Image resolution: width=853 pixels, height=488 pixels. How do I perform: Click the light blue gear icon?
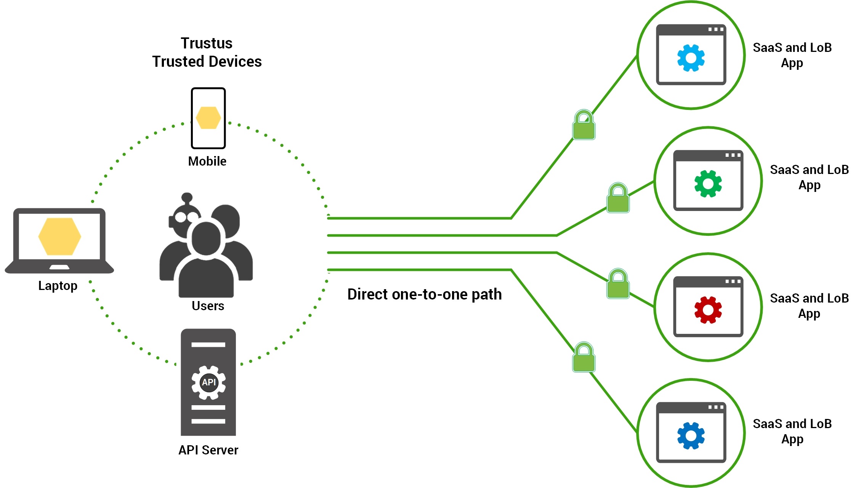[x=691, y=58]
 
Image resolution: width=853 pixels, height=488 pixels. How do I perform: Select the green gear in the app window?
[x=708, y=184]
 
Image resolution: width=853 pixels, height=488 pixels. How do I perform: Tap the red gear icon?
[x=708, y=310]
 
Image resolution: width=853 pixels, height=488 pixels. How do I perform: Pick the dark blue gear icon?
[x=691, y=436]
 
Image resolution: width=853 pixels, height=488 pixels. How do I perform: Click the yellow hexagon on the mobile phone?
[x=208, y=118]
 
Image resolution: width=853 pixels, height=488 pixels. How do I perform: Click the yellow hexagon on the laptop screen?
[x=59, y=236]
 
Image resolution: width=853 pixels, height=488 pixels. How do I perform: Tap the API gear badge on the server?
[x=208, y=382]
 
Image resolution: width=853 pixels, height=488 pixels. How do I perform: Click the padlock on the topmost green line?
[x=584, y=125]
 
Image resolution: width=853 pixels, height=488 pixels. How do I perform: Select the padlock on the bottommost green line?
[x=584, y=358]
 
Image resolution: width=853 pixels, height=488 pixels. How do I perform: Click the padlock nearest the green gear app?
[x=618, y=198]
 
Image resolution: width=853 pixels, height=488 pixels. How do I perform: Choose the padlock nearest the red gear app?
[x=618, y=284]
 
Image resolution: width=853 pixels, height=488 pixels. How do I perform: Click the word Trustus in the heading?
[x=206, y=43]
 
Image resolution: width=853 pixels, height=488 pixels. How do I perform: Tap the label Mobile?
[x=207, y=161]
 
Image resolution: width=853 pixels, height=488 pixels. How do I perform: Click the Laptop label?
[x=58, y=286]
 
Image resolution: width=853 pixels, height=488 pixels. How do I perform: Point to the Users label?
[x=208, y=306]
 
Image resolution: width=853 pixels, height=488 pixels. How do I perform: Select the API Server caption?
[x=208, y=450]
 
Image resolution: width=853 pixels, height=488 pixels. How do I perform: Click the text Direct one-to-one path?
[x=424, y=295]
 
